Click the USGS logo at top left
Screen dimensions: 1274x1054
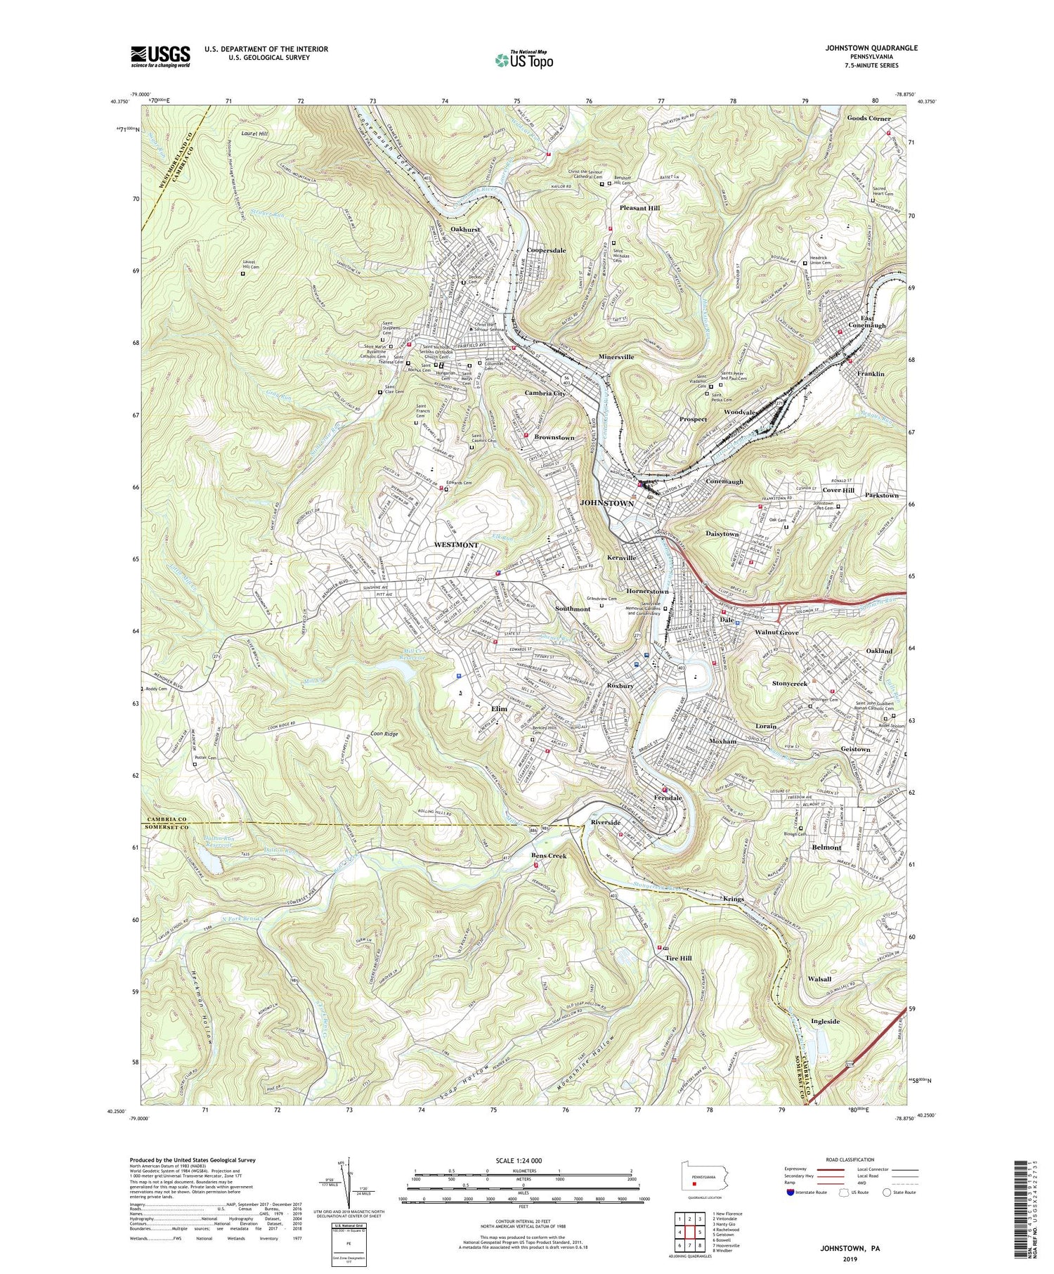point(160,56)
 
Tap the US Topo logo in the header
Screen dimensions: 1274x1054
point(523,60)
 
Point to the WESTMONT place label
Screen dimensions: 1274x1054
point(456,545)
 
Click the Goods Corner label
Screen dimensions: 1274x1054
point(868,118)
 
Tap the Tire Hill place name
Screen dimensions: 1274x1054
point(679,958)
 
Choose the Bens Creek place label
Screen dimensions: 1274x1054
point(548,855)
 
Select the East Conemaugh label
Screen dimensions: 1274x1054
point(868,321)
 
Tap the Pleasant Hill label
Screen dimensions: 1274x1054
point(639,209)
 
